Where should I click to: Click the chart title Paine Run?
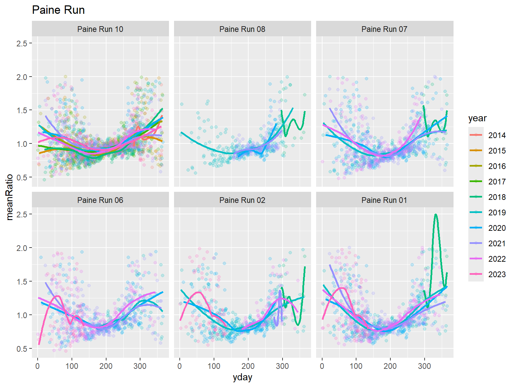[x=58, y=10]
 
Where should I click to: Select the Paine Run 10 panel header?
[x=100, y=29]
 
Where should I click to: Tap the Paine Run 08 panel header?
[x=242, y=29]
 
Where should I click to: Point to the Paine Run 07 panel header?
[x=384, y=29]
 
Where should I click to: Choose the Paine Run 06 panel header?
[x=100, y=200]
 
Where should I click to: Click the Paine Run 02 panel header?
[x=242, y=200]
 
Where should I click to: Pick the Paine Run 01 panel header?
[x=384, y=200]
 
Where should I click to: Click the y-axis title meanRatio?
[x=10, y=197]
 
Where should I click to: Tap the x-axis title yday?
[x=242, y=378]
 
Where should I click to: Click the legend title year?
[x=477, y=118]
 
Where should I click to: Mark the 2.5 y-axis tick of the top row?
[x=22, y=43]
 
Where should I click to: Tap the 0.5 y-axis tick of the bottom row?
[x=22, y=349]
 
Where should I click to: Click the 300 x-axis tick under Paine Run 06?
[x=140, y=366]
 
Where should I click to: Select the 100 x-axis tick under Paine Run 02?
[x=214, y=366]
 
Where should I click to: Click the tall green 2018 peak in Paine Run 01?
[x=436, y=215]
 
